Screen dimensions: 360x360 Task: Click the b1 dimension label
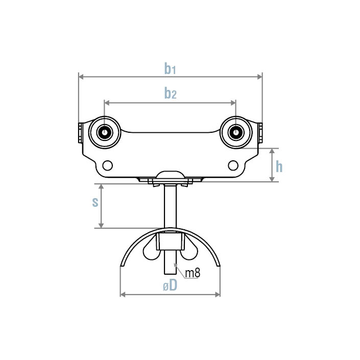170,69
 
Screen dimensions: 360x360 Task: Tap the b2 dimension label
170,93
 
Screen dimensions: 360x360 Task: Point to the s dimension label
95,202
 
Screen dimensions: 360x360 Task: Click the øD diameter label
170,286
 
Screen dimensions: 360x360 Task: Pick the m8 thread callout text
193,273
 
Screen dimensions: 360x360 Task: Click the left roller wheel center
104,132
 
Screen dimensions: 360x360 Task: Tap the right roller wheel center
235,132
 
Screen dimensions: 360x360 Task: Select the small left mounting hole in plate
107,165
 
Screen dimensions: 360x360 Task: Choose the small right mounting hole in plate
233,165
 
